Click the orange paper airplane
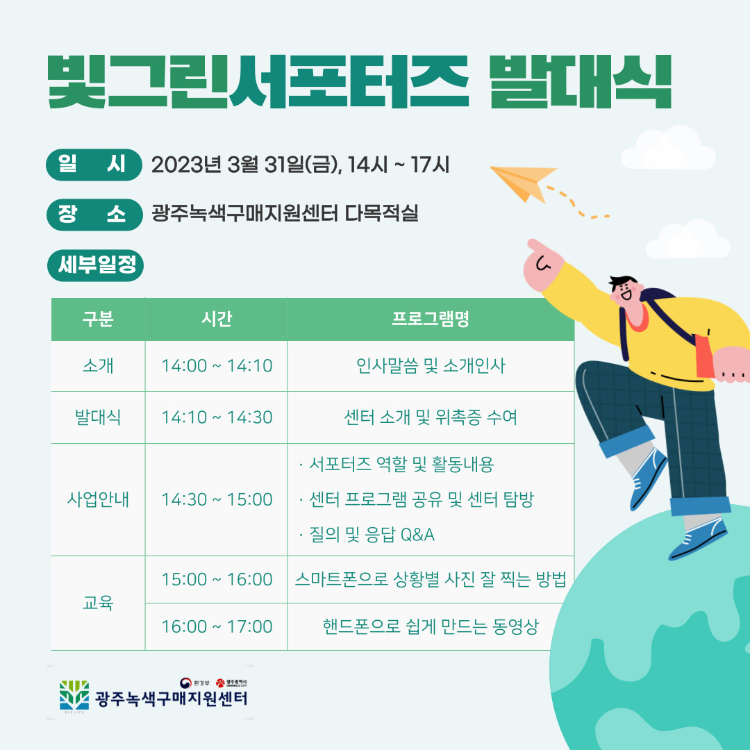(x=522, y=183)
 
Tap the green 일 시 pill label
(x=94, y=165)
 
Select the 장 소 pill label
(x=94, y=215)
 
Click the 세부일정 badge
(x=95, y=265)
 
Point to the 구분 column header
(x=98, y=319)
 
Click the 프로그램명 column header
(x=431, y=319)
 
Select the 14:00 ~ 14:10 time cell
(x=217, y=366)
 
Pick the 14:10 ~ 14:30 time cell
(x=217, y=417)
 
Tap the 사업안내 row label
(x=98, y=499)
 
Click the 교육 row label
(x=98, y=603)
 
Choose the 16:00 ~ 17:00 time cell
(x=217, y=626)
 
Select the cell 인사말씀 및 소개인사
(x=431, y=366)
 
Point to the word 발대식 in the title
(x=581, y=81)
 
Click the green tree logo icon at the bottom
(x=74, y=696)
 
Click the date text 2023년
(x=186, y=165)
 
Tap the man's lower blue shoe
(x=698, y=539)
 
